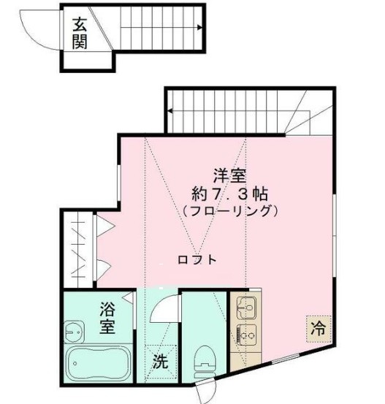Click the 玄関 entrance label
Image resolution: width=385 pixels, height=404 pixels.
click(80, 34)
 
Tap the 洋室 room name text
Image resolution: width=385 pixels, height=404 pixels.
click(229, 176)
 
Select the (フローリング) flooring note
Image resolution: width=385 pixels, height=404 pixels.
click(229, 212)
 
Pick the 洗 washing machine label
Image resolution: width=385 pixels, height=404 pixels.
click(160, 361)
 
